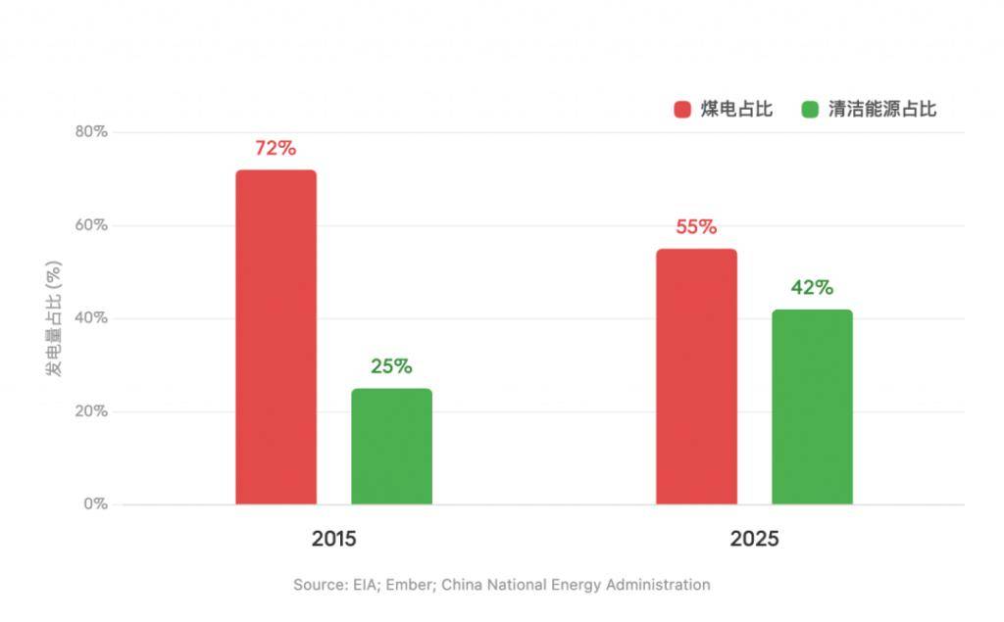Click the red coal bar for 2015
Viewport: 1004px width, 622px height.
276,337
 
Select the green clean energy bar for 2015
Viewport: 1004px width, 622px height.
391,447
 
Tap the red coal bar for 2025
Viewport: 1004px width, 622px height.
696,377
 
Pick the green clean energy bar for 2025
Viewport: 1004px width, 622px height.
812,407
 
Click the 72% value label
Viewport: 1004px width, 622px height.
276,149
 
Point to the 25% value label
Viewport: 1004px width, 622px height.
391,367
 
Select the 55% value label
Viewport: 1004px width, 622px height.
696,227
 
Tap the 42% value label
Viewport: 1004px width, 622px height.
812,288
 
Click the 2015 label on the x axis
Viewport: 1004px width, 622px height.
333,540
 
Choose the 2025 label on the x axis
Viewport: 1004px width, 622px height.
754,540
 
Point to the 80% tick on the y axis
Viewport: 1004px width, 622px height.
90,132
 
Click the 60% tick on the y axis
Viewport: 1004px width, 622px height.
90,225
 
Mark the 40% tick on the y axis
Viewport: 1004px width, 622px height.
90,318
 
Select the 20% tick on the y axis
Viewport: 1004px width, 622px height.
90,411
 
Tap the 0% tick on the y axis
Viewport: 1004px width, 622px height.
94,504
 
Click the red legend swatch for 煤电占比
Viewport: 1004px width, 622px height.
682,110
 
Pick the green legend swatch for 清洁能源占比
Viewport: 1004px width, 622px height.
810,110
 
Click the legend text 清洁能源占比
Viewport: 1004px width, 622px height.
882,110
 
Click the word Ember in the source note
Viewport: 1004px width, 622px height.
408,585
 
